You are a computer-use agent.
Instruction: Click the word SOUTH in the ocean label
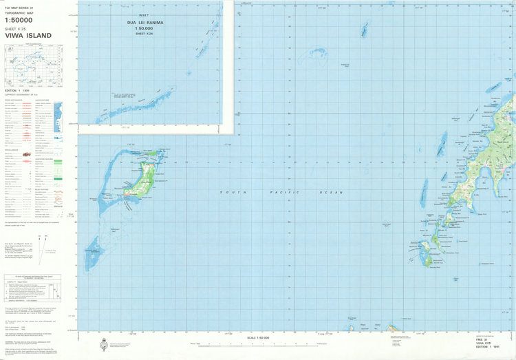[x=230, y=192]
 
